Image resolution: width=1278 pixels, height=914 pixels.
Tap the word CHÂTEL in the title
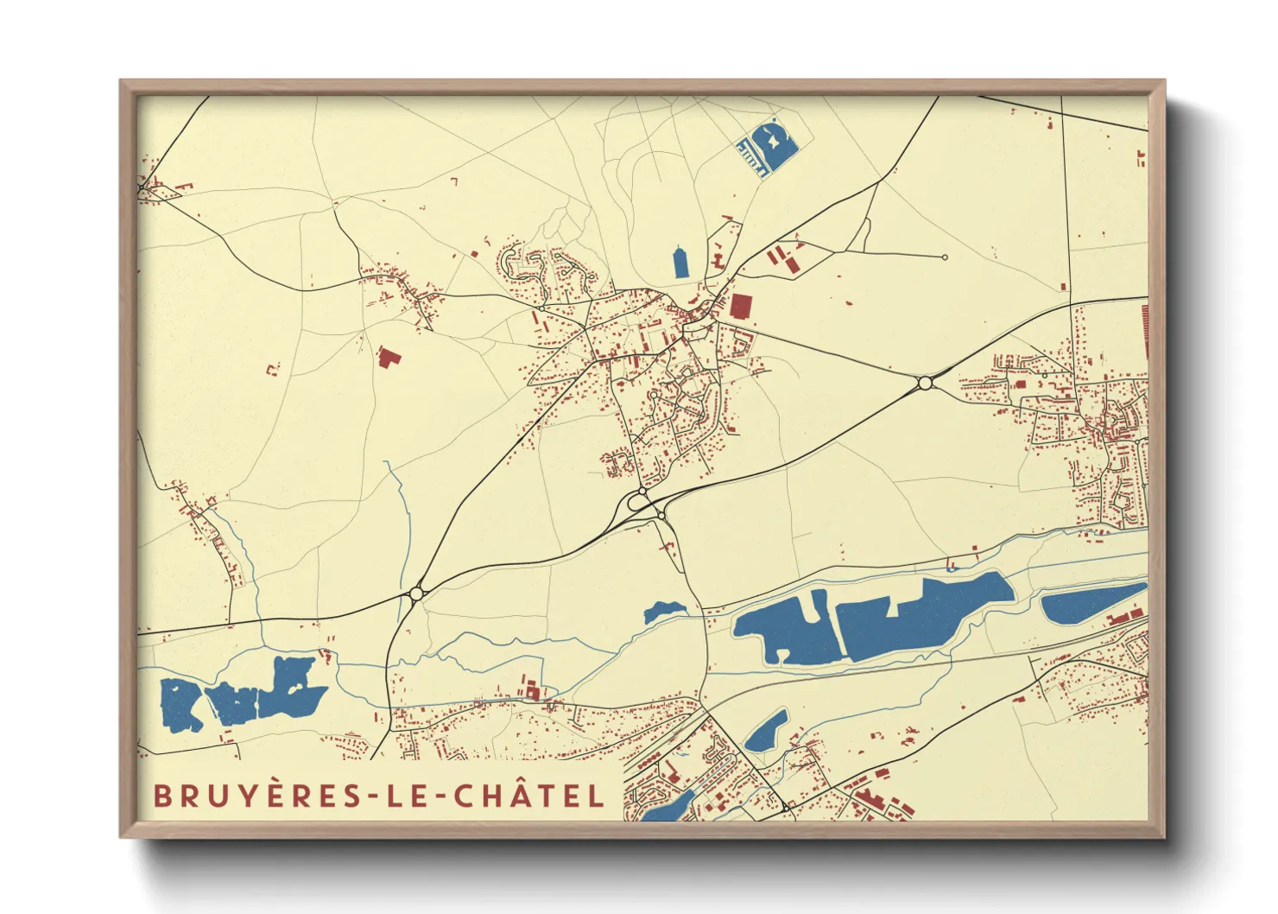pos(529,796)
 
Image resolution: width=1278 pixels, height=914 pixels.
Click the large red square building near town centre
pos(741,307)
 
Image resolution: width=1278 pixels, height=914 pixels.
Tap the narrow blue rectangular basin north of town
pos(680,263)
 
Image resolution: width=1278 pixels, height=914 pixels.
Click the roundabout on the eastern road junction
pos(925,382)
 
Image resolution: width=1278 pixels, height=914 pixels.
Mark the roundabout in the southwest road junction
pos(416,593)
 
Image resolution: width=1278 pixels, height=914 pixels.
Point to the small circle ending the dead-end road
pos(945,257)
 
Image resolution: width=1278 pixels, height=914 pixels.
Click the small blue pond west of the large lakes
pos(662,611)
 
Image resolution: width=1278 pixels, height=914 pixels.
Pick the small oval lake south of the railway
pos(766,732)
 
